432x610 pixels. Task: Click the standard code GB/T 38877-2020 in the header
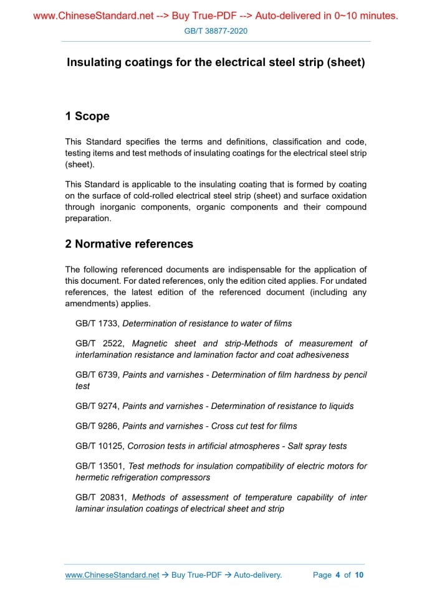[216, 30]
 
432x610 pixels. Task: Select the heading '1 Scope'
[87, 116]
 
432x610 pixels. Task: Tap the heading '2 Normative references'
[129, 244]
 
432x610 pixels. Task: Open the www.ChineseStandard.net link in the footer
[112, 575]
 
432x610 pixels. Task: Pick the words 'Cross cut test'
[241, 426]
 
